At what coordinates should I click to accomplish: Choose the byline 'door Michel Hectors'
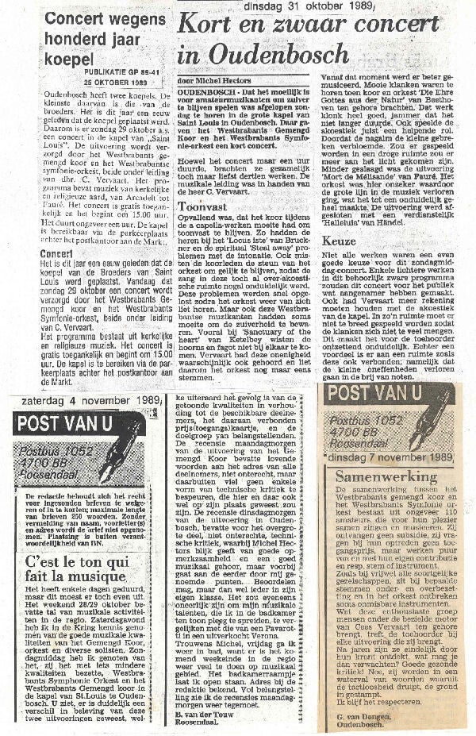(209, 80)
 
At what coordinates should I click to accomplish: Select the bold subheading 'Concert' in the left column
(57, 254)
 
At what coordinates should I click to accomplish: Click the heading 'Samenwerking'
(386, 477)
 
